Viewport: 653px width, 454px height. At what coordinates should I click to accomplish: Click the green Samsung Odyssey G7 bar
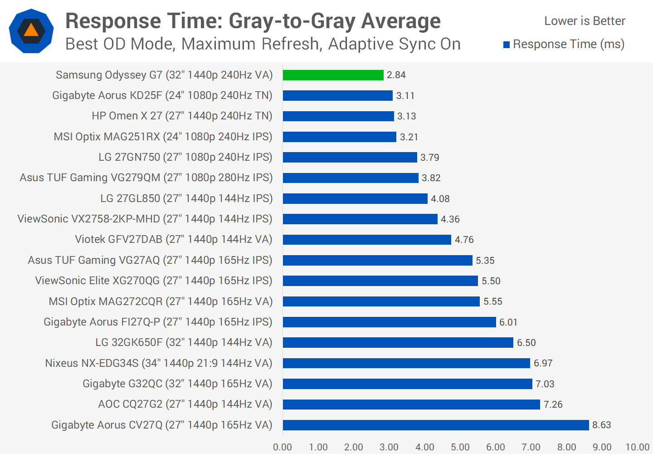[x=333, y=75]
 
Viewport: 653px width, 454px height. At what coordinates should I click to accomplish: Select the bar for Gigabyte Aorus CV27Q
[x=435, y=425]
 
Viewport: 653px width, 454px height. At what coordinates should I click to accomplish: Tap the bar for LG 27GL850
[x=355, y=198]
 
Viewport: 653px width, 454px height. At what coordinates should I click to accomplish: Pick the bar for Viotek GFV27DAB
[x=367, y=240]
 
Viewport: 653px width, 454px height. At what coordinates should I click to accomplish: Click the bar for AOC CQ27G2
[x=411, y=405]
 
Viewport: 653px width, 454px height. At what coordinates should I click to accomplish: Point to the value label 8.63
[x=601, y=425]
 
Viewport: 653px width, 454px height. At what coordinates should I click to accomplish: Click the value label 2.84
[x=396, y=75]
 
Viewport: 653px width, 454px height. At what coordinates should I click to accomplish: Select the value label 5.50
[x=491, y=281]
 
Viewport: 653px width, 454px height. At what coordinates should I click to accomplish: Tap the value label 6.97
[x=543, y=363]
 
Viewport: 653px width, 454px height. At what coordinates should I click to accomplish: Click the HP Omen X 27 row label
[x=182, y=116]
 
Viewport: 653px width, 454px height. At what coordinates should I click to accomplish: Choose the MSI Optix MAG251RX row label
[x=163, y=137]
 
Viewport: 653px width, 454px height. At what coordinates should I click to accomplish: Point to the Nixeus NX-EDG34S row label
[x=159, y=363]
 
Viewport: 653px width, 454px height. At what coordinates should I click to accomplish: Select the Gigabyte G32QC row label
[x=177, y=384]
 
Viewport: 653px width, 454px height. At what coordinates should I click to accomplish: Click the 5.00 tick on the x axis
[x=460, y=447]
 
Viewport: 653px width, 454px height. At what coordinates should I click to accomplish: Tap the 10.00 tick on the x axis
[x=637, y=447]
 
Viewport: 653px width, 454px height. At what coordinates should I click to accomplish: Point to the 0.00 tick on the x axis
[x=283, y=447]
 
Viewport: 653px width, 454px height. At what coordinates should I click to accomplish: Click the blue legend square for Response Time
[x=507, y=44]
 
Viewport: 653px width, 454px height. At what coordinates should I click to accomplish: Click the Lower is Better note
[x=585, y=21]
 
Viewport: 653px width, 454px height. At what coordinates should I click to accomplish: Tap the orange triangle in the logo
[x=31, y=30]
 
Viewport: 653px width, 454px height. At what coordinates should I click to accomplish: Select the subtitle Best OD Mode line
[x=263, y=44]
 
